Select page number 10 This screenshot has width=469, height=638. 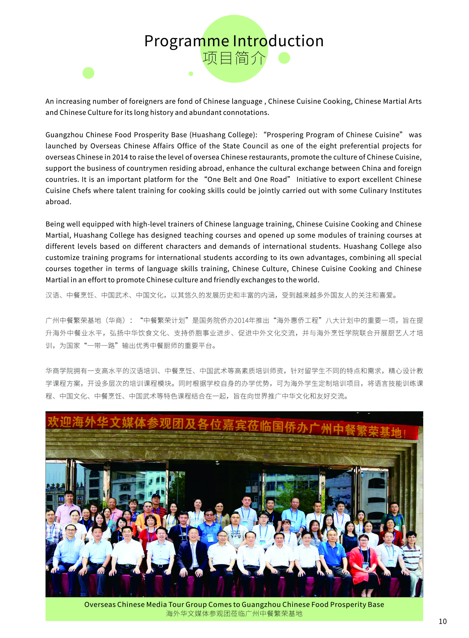[x=442, y=621]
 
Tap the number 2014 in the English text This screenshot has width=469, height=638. [x=120, y=157]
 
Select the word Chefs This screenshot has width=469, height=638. [x=81, y=191]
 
